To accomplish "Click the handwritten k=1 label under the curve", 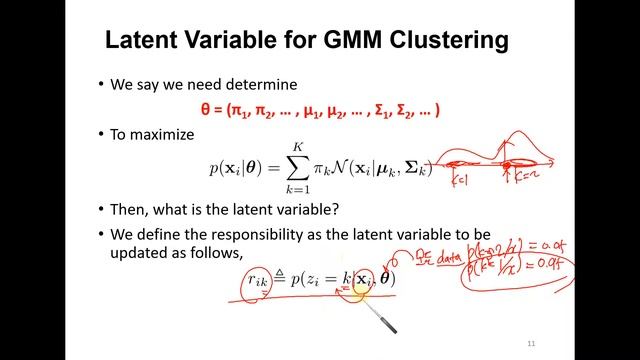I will pos(461,181).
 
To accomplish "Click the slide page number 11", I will pos(531,343).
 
